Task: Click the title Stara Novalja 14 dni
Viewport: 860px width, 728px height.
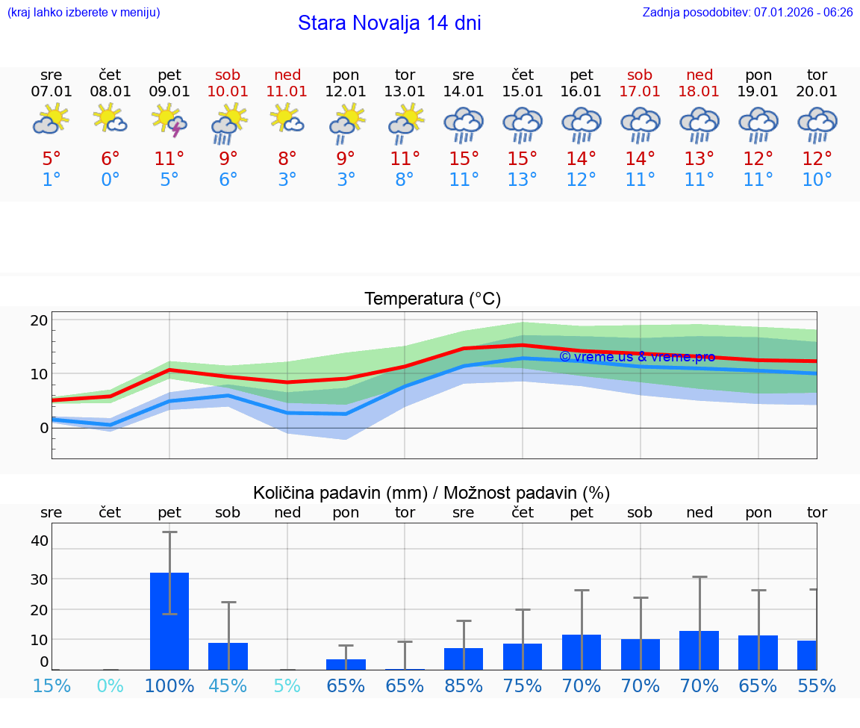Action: coord(389,23)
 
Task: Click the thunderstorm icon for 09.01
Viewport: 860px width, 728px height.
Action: coord(169,122)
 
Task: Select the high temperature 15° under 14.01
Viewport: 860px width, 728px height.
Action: coord(464,159)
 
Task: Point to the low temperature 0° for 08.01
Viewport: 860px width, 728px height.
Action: coord(110,180)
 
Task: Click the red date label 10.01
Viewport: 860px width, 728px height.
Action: coord(228,92)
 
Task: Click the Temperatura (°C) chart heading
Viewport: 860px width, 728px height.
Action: coord(432,299)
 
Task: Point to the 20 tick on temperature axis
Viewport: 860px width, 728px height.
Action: coord(39,320)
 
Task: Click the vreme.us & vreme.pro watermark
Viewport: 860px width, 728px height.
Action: coord(637,357)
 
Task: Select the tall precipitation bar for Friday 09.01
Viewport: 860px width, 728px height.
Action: coord(169,621)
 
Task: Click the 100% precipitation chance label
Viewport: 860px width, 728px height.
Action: coord(169,686)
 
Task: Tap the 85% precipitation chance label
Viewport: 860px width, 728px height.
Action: coord(464,686)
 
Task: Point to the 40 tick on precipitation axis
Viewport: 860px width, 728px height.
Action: coord(39,541)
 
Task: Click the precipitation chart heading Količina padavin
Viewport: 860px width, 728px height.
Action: coord(431,493)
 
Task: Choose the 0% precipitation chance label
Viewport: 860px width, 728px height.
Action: coord(110,686)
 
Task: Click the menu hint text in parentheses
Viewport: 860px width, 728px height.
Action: coord(84,12)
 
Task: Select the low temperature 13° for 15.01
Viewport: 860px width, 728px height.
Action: coord(523,180)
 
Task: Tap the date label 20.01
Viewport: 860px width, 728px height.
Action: coord(817,92)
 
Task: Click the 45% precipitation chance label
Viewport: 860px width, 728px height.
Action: coord(228,686)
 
